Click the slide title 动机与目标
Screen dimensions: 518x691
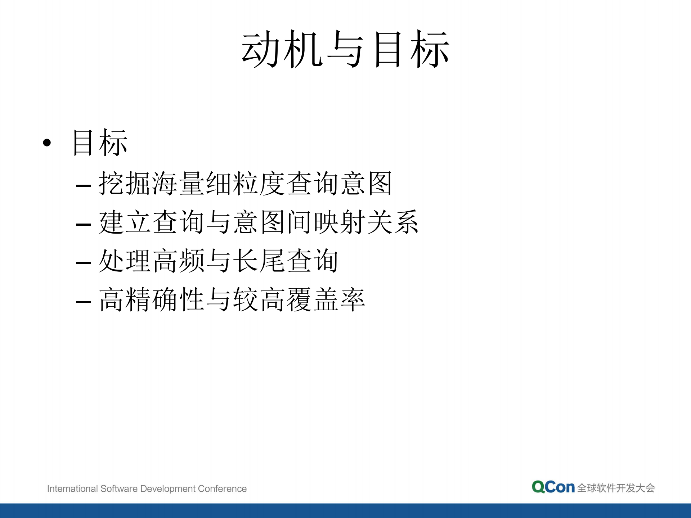(x=345, y=49)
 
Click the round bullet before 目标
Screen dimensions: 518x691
(x=47, y=143)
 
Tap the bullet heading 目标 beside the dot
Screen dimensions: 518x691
(x=100, y=143)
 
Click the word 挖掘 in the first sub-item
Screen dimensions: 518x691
(x=124, y=184)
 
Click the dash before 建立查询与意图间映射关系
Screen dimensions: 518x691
(x=83, y=225)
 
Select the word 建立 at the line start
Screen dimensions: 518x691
(x=124, y=222)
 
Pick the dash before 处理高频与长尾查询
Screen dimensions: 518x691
(x=83, y=263)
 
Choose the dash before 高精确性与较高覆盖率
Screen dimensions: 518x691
(x=83, y=302)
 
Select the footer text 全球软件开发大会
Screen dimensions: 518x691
(x=616, y=488)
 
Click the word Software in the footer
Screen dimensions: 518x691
(x=119, y=488)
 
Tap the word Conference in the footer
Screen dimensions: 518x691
(x=222, y=488)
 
